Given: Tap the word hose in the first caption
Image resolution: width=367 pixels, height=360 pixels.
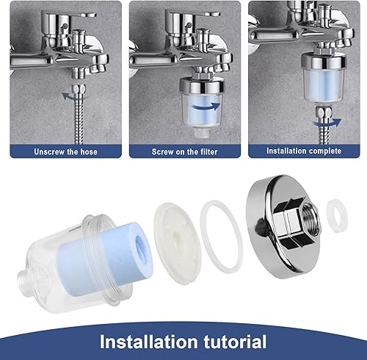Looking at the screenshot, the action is (x=89, y=152).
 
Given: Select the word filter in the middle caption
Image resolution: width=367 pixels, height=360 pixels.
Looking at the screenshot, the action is (x=208, y=152).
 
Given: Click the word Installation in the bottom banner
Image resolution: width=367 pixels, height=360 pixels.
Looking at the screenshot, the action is (x=149, y=342).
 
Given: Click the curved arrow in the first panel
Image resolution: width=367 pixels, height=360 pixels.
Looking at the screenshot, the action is (x=71, y=96).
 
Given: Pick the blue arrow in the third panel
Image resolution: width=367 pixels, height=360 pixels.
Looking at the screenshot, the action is (x=327, y=123).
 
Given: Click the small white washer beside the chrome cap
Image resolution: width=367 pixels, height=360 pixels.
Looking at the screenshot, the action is (x=338, y=215).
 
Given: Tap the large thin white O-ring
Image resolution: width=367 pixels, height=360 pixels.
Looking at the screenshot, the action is (x=222, y=237).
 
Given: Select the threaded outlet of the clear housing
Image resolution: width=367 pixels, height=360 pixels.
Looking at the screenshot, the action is (x=23, y=280).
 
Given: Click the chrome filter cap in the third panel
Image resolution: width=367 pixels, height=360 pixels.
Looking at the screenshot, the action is (x=323, y=60).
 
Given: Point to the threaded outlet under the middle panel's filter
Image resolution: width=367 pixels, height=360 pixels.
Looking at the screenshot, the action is (x=200, y=132).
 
